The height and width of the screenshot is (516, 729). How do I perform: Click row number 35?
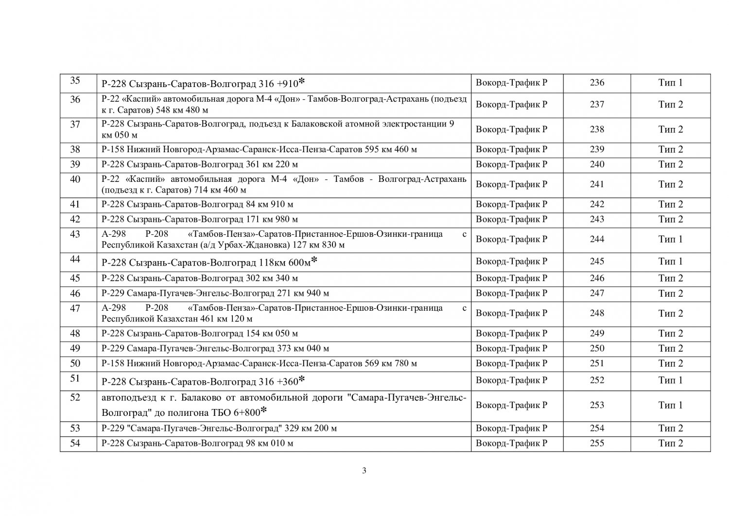75,81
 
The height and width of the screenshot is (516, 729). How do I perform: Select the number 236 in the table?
597,83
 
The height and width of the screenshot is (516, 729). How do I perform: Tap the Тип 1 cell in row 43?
670,239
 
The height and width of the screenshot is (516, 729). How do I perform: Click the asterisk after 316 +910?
302,81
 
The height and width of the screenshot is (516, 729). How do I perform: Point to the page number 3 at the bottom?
364,470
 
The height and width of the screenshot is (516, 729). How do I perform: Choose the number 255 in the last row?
597,443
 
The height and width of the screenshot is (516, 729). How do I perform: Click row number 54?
75,443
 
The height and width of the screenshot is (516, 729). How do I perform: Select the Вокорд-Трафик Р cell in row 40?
511,184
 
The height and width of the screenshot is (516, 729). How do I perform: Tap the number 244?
597,239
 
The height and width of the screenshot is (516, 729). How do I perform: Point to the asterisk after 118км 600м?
314,261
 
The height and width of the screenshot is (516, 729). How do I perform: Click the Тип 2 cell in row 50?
670,363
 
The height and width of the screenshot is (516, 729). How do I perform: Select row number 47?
75,308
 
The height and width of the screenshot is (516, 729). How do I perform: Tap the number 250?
597,348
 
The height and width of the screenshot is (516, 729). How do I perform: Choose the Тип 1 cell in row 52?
670,405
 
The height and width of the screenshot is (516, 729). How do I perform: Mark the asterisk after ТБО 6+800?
264,411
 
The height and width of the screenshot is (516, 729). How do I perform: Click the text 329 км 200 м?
311,428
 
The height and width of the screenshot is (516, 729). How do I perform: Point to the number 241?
597,184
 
